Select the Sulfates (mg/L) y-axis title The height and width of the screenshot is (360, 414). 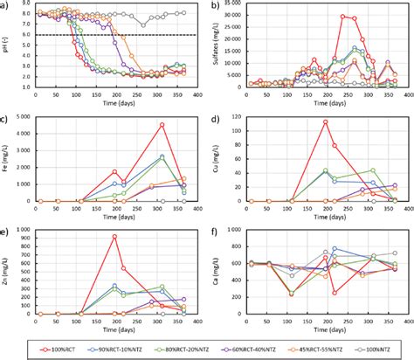(x=217, y=49)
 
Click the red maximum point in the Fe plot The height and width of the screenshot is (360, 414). (x=162, y=125)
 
